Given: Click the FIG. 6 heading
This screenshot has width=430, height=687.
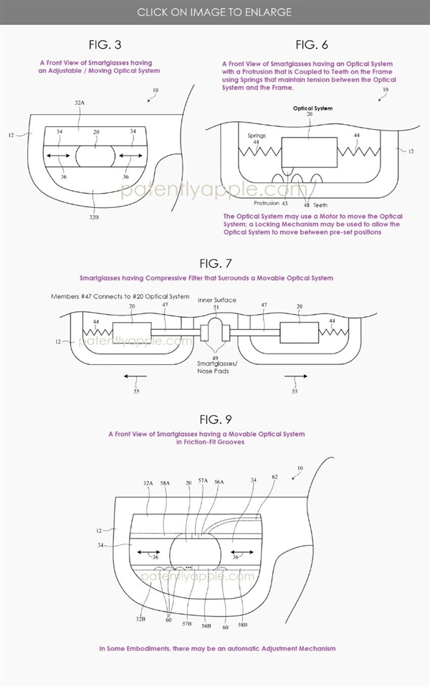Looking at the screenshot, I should click(312, 45).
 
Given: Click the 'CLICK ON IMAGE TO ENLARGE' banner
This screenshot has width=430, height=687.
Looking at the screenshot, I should click(214, 12).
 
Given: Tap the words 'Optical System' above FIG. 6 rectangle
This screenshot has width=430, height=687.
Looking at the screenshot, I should click(312, 108).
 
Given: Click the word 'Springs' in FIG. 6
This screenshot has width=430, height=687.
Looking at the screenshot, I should click(257, 135).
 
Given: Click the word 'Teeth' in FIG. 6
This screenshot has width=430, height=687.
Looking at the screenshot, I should click(320, 205).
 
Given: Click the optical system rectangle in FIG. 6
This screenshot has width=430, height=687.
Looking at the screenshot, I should click(309, 152).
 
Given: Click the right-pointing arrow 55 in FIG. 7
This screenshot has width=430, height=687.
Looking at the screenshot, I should click(295, 375).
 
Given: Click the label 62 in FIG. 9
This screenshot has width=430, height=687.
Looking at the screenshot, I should click(274, 476).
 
